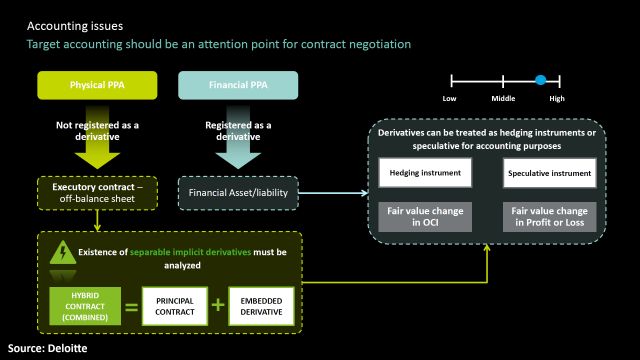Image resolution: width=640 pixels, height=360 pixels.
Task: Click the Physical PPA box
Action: tap(95, 86)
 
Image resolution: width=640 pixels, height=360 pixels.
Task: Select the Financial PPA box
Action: tap(237, 86)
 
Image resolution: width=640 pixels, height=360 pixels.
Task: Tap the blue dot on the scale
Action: tap(540, 79)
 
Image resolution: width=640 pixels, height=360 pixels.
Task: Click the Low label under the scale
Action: tap(450, 99)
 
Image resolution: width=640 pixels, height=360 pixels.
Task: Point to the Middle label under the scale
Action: tap(503, 99)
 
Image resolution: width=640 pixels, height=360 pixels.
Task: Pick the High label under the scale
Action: tap(557, 99)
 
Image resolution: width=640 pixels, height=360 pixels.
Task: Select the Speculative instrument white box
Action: tap(548, 173)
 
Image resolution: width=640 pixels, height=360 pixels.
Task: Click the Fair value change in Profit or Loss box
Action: tap(548, 216)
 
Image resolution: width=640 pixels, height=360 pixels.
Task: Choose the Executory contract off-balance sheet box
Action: tap(95, 193)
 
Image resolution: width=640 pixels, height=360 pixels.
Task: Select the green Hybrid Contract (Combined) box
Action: tap(85, 306)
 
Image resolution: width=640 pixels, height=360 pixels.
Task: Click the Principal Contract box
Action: tap(181, 306)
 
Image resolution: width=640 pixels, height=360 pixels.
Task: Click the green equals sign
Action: tap(132, 306)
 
